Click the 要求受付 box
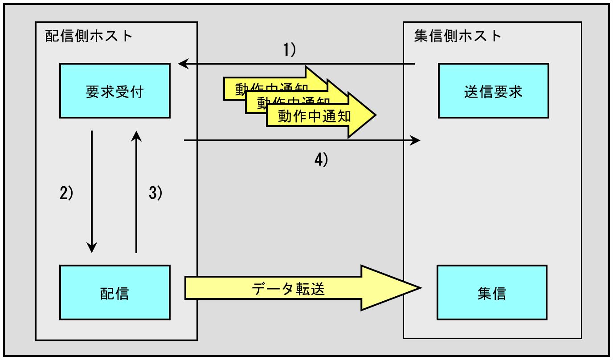point(114,91)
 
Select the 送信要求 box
point(493,91)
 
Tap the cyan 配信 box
point(114,293)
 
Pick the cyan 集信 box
point(492,293)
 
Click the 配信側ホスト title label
point(89,36)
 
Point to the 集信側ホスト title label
point(458,36)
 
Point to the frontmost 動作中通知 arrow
point(321,116)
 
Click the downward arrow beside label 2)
point(92,192)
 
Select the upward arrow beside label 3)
point(136,192)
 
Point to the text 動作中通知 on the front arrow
point(315,116)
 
